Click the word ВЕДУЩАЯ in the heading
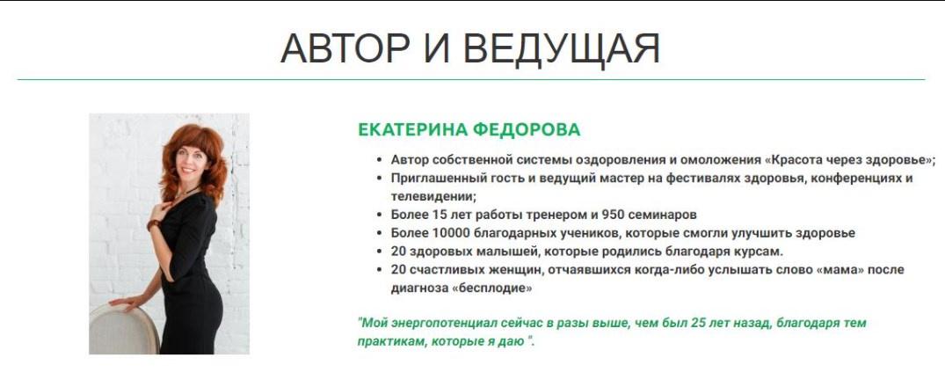[562, 49]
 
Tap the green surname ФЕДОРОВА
[527, 129]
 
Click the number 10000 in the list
[445, 233]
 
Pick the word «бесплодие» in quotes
[491, 288]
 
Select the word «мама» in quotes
[840, 269]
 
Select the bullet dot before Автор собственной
[379, 160]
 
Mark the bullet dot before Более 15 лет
[379, 215]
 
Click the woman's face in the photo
[192, 161]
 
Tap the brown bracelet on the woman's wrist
[154, 225]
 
